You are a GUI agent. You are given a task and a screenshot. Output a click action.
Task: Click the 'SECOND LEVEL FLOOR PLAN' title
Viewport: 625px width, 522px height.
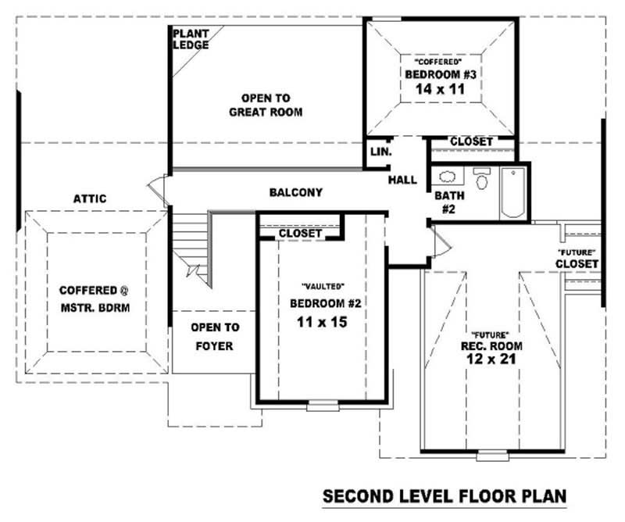point(444,496)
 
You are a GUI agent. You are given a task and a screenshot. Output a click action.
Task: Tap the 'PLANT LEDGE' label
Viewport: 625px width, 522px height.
point(190,39)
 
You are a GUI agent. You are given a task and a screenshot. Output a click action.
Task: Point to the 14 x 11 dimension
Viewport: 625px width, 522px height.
point(441,89)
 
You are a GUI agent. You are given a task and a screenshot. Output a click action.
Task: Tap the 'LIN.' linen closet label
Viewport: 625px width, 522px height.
point(381,152)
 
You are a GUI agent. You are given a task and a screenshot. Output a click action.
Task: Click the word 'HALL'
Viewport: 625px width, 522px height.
point(402,180)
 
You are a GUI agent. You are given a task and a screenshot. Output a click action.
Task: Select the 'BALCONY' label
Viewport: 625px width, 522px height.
point(295,192)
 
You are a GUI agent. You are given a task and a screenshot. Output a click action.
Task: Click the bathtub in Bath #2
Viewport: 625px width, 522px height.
point(513,193)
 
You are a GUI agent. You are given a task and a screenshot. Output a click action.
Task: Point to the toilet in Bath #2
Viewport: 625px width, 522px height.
point(481,180)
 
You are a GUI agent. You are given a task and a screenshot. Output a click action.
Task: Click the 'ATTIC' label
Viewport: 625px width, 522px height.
point(90,199)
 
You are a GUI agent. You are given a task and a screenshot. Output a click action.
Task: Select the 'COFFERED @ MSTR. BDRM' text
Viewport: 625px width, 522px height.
point(95,299)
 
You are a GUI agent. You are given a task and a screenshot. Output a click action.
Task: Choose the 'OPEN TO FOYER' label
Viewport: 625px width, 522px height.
point(215,337)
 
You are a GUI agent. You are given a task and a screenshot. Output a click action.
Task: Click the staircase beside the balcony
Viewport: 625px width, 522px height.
point(190,242)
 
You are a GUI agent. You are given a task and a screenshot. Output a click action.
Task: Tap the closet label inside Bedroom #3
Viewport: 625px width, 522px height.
point(471,141)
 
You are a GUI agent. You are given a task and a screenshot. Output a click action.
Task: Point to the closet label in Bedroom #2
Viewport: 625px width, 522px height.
point(300,234)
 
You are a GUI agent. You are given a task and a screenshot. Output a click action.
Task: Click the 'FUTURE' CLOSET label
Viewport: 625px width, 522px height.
point(577,258)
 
